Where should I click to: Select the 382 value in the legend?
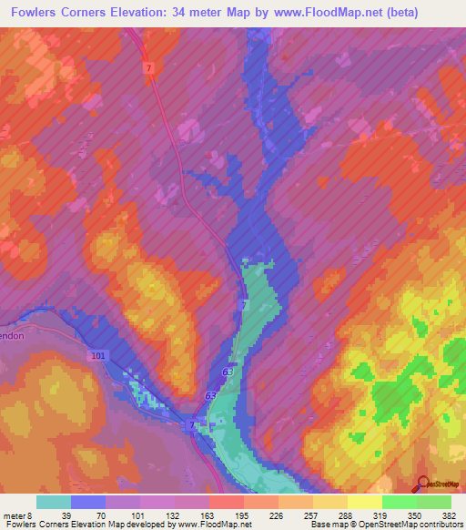pos(449,515)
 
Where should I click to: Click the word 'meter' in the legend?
pos(11,515)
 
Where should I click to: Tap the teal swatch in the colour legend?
pos(54,502)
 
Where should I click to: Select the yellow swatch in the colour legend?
pos(365,502)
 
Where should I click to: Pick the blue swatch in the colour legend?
pos(88,502)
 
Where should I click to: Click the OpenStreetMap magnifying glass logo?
pos(423,484)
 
